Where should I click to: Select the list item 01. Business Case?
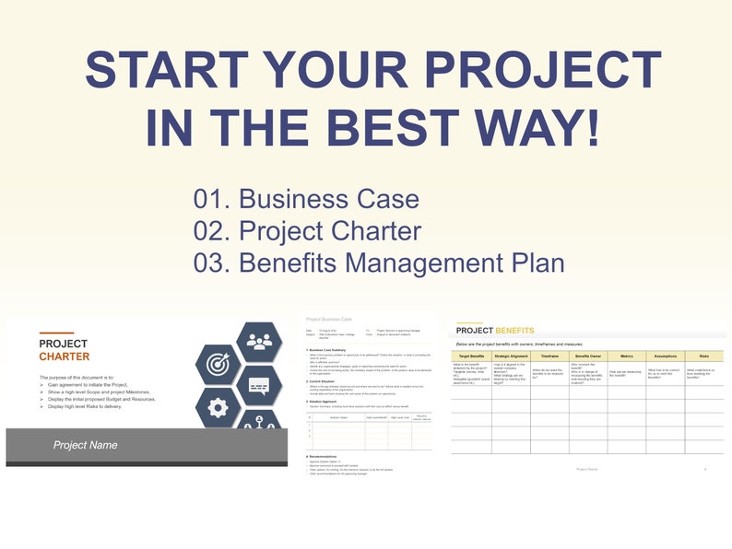[306, 199]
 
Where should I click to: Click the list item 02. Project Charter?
[307, 231]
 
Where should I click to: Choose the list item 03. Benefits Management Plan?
[378, 263]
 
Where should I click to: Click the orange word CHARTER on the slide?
[65, 356]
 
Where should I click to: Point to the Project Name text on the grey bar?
[85, 445]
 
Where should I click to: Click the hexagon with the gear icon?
[218, 406]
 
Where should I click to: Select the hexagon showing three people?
[260, 341]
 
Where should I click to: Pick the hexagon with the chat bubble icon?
[260, 385]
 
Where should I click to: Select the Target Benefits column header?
[471, 356]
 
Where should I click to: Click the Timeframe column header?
[549, 356]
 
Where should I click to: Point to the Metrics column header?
[626, 356]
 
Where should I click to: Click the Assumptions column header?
[665, 356]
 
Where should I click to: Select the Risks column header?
[703, 356]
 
